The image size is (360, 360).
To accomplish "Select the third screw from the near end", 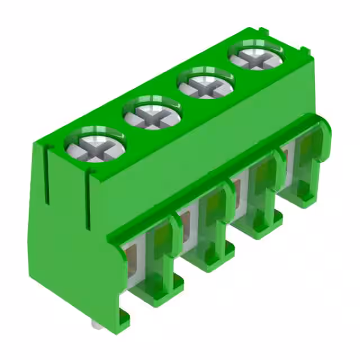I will pos(206,86).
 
